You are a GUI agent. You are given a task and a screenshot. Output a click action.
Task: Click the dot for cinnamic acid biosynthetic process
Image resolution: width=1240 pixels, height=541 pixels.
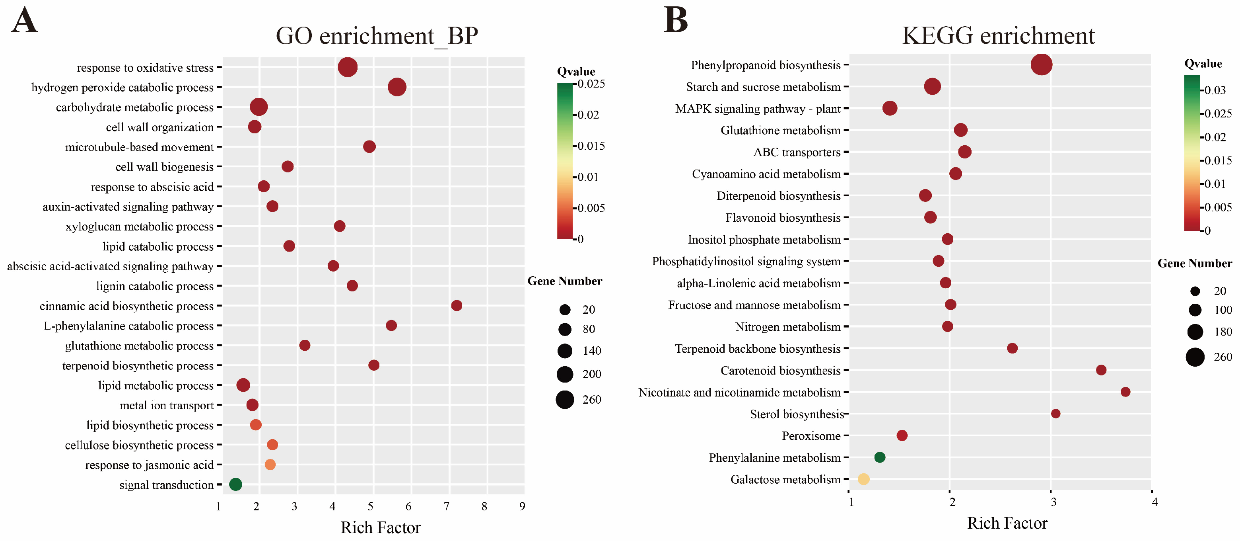(x=456, y=305)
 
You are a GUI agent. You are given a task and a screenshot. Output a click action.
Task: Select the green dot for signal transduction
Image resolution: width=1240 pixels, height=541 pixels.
(x=235, y=484)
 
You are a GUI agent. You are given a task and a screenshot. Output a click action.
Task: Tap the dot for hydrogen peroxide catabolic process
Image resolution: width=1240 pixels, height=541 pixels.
(x=397, y=87)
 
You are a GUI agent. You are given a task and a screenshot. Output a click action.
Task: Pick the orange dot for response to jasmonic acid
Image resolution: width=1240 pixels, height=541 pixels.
(x=270, y=465)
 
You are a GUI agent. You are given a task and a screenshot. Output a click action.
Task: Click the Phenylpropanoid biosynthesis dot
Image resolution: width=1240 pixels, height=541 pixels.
(x=1041, y=64)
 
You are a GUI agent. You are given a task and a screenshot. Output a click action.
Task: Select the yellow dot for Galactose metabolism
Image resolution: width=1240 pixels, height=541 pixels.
(x=863, y=479)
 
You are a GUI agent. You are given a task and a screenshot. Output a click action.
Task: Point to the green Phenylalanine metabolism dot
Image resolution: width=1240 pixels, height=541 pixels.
(x=879, y=457)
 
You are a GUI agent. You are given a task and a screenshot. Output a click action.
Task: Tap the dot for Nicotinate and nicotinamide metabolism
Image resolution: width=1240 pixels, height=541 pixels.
(x=1125, y=392)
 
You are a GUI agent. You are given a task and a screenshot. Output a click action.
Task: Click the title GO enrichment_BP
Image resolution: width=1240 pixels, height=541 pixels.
(x=377, y=36)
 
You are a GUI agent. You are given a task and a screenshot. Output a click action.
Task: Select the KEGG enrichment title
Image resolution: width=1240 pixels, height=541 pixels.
(x=998, y=36)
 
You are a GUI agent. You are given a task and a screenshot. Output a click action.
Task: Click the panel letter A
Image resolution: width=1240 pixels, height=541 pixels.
(x=24, y=20)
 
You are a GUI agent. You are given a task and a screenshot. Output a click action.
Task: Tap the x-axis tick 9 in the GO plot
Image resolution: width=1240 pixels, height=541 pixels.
(x=522, y=506)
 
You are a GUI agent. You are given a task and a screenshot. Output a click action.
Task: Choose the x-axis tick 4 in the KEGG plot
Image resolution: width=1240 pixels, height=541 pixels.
(x=1154, y=502)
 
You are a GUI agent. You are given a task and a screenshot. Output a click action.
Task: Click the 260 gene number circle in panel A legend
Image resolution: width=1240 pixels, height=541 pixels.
(x=565, y=399)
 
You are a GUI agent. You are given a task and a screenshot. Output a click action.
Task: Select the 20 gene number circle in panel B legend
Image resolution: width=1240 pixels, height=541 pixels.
(x=1195, y=291)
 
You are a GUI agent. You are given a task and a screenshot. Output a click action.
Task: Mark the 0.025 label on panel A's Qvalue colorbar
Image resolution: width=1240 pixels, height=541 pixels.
(x=591, y=84)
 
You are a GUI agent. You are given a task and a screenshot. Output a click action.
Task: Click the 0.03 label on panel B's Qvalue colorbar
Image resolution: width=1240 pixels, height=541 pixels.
(x=1215, y=90)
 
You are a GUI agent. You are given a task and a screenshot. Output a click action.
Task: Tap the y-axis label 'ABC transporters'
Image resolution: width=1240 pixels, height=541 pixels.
(x=797, y=152)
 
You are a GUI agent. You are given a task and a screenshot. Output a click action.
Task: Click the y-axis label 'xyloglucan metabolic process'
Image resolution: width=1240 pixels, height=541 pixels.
(x=140, y=227)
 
